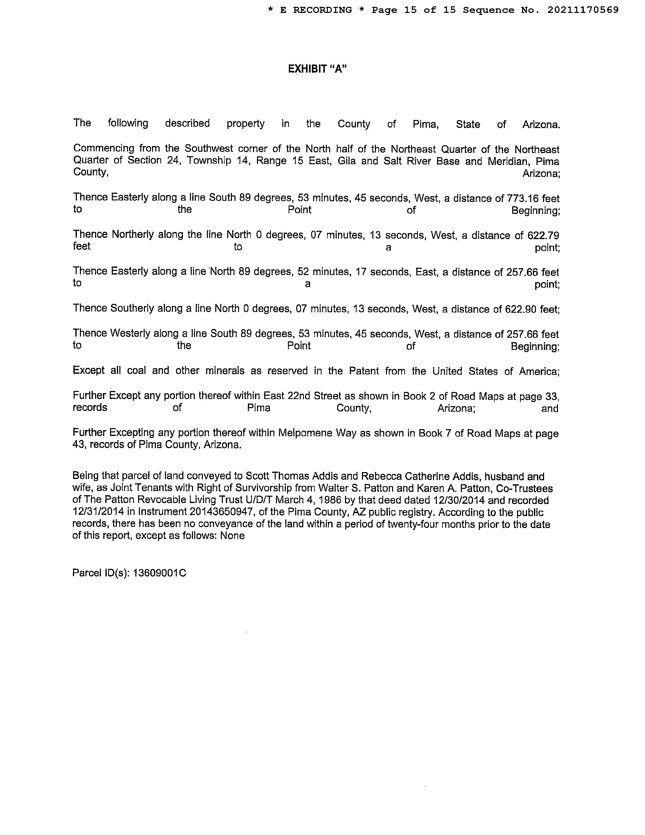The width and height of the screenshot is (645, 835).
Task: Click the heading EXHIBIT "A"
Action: click(317, 69)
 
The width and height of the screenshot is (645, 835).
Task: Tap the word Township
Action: click(209, 161)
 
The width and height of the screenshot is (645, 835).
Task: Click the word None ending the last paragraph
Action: click(232, 535)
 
